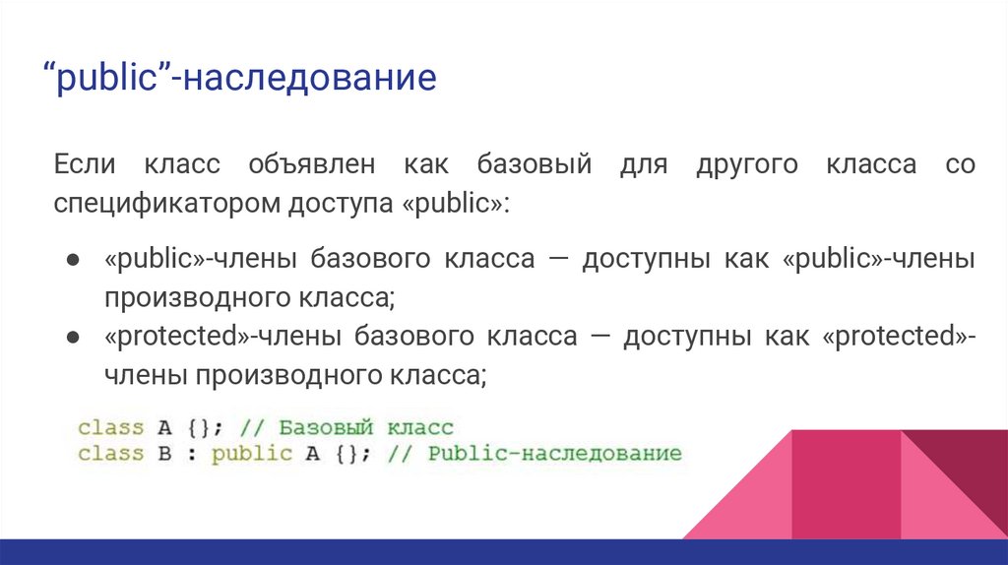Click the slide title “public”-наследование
238,77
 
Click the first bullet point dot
73,260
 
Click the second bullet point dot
73,338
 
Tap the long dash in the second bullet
600,337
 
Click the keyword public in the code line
252,454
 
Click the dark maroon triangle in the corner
960,463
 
